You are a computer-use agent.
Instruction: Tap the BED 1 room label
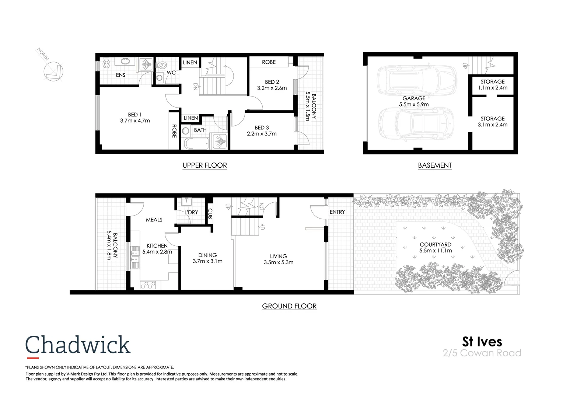click(x=135, y=115)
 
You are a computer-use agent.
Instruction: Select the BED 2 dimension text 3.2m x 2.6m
click(x=272, y=88)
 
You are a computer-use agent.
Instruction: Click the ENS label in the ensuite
click(x=120, y=75)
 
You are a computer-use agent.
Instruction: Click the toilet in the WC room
click(x=162, y=65)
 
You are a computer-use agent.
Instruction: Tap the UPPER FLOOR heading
click(x=204, y=165)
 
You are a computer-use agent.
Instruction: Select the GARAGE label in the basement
click(x=414, y=98)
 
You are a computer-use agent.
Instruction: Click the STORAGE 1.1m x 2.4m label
click(x=493, y=85)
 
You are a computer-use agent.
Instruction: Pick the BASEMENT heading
click(x=435, y=165)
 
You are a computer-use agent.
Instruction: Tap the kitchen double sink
click(x=135, y=256)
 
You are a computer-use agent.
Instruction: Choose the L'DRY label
click(x=191, y=212)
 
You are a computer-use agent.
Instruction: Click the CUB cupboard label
click(x=210, y=214)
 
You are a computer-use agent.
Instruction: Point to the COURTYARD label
click(x=436, y=244)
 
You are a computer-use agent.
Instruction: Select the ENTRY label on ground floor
click(x=337, y=212)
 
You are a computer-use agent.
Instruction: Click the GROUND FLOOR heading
click(x=289, y=306)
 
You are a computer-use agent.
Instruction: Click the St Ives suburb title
click(x=482, y=342)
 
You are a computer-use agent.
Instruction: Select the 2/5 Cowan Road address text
click(x=482, y=353)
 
